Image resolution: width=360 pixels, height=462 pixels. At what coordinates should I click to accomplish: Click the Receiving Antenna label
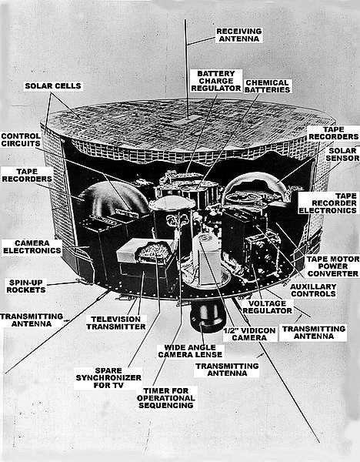(x=239, y=35)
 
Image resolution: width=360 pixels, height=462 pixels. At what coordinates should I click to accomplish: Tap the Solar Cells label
(x=53, y=86)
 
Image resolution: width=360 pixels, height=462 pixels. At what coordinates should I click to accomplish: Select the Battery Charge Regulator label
(x=216, y=81)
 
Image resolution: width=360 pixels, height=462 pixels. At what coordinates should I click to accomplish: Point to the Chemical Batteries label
(x=267, y=86)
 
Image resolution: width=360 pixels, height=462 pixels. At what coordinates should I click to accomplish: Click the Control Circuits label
(x=21, y=140)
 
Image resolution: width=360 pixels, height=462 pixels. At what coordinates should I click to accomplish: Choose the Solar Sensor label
(x=342, y=154)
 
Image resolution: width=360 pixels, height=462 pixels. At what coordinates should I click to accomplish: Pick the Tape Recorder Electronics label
(x=328, y=203)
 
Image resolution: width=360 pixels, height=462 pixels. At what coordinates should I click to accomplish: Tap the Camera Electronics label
(x=32, y=246)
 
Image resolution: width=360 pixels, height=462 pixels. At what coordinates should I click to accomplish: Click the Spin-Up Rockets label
(x=26, y=286)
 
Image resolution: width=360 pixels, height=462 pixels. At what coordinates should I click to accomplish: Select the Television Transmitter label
(x=116, y=323)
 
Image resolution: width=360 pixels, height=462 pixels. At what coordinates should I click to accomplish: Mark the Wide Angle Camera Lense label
(x=190, y=351)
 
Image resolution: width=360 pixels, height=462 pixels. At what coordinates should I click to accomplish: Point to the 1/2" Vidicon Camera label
(x=249, y=334)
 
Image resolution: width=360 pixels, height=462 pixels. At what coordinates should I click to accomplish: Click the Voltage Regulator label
(x=267, y=307)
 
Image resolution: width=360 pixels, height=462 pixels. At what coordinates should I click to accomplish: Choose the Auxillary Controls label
(x=313, y=290)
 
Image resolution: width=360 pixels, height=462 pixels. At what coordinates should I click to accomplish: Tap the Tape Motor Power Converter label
(x=332, y=266)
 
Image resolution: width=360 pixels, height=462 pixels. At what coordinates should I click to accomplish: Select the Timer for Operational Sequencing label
(x=166, y=398)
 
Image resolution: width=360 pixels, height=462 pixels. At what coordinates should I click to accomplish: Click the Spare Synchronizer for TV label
(x=108, y=378)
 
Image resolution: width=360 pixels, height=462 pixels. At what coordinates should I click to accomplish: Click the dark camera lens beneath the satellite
(x=205, y=317)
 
